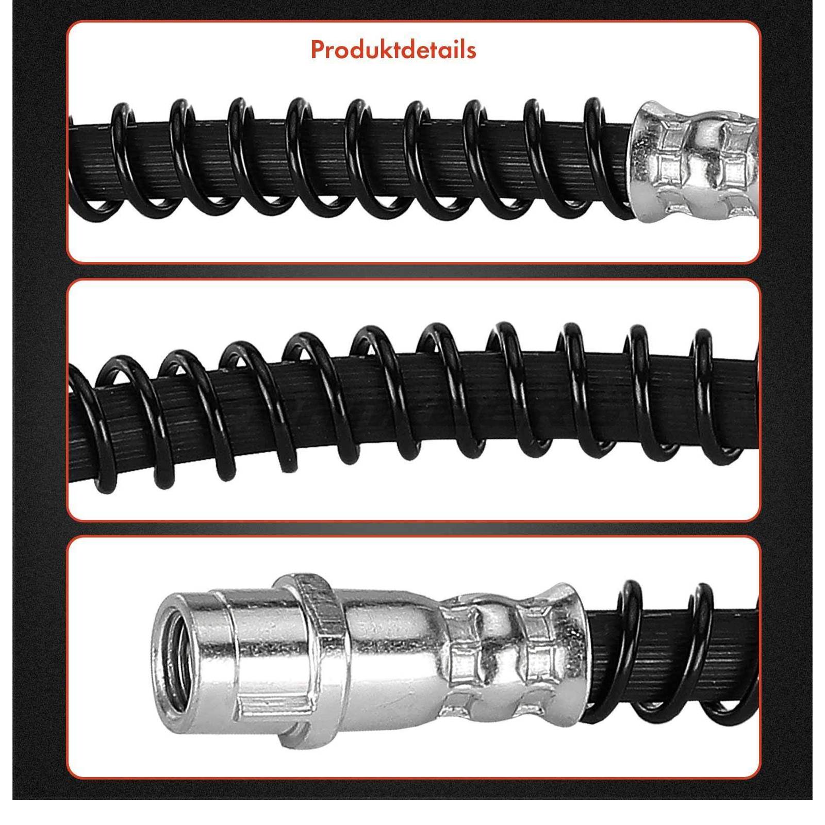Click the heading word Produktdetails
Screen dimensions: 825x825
tap(393, 49)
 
